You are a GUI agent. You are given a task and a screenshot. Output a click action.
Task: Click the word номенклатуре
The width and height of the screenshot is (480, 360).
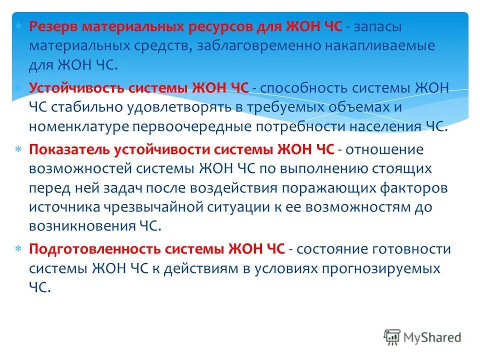pyautogui.click(x=79, y=126)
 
